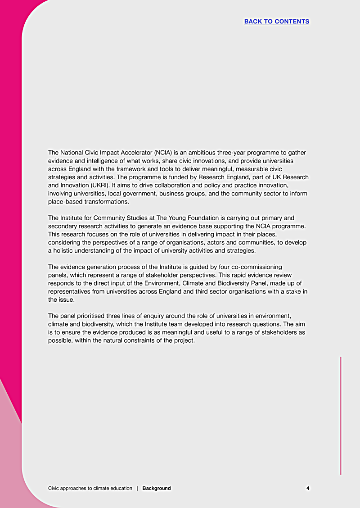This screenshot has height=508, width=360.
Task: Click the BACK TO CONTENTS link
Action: (277, 22)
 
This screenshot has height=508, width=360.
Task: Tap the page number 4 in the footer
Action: (308, 488)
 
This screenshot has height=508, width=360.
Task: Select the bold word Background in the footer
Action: (157, 488)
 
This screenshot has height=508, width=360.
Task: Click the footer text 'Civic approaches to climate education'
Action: (90, 488)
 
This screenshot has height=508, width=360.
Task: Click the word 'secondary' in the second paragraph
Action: (62, 226)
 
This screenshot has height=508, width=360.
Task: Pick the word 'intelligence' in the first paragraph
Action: (102, 161)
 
